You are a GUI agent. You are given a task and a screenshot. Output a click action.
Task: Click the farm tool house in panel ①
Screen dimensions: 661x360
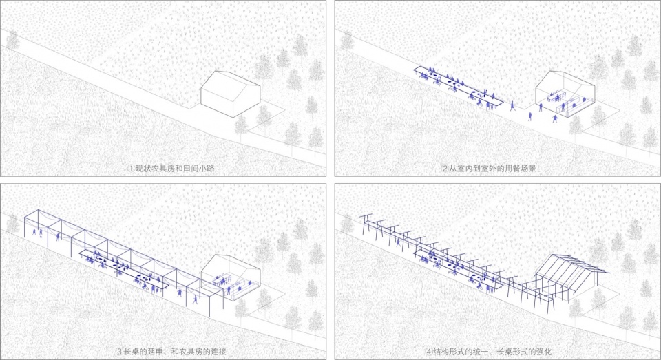point(230,94)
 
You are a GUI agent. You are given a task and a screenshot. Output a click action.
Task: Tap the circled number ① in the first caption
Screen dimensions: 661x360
point(131,169)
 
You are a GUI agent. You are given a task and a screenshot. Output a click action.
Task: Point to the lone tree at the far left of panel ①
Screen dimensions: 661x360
point(12,40)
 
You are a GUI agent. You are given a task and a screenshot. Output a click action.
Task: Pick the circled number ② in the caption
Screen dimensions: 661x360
point(445,169)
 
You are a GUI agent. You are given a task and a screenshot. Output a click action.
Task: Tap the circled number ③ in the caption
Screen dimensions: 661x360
point(120,352)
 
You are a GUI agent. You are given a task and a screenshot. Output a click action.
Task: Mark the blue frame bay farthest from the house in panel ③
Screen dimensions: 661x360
point(37,226)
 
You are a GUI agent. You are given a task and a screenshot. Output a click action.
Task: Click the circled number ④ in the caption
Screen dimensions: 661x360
point(429,352)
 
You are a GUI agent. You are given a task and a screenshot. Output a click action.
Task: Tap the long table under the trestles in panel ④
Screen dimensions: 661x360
point(459,267)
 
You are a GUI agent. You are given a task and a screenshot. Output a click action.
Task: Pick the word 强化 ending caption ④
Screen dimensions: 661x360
point(544,352)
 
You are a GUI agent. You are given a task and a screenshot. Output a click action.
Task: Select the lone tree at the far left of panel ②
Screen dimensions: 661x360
point(347,40)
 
